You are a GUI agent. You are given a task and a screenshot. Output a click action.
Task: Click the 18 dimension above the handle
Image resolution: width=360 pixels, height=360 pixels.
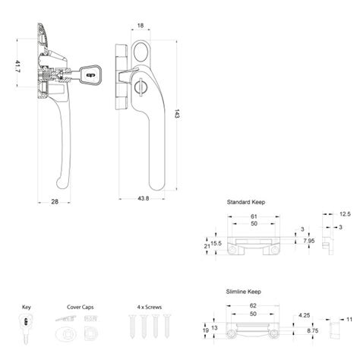[x=141, y=26]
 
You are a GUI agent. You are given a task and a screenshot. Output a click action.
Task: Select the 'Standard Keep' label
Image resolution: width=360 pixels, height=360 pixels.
[x=245, y=203]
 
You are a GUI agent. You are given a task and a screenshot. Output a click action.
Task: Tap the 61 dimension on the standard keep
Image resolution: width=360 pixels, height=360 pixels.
[x=254, y=216]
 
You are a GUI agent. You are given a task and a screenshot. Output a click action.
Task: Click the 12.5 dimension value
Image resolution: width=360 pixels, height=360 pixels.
[x=346, y=214]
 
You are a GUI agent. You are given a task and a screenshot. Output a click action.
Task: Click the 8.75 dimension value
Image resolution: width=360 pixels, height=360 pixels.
[x=312, y=331]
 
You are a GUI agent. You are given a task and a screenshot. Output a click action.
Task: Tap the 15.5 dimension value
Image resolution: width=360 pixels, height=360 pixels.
[x=216, y=242]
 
